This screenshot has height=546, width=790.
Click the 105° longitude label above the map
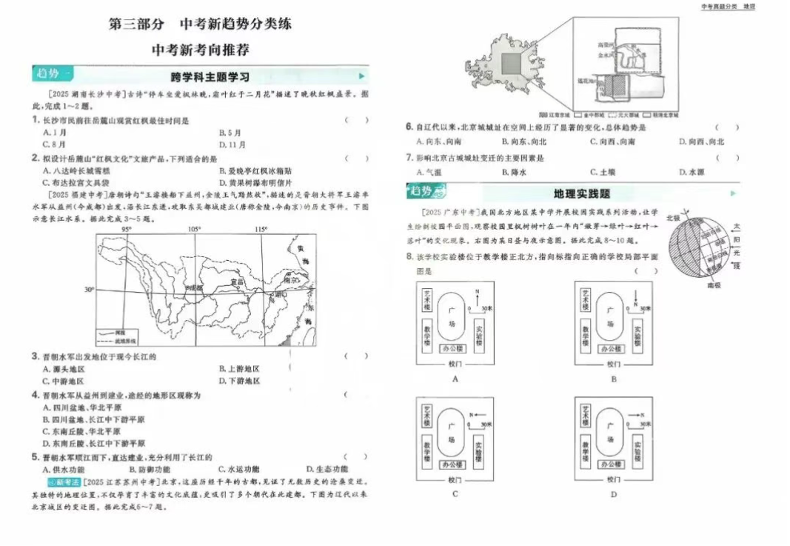tap(195, 229)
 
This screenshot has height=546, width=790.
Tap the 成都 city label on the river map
tap(173, 287)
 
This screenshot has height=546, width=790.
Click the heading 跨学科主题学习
tap(210, 76)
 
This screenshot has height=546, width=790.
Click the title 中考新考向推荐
tap(200, 50)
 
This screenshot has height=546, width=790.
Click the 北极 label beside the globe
tap(673, 218)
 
